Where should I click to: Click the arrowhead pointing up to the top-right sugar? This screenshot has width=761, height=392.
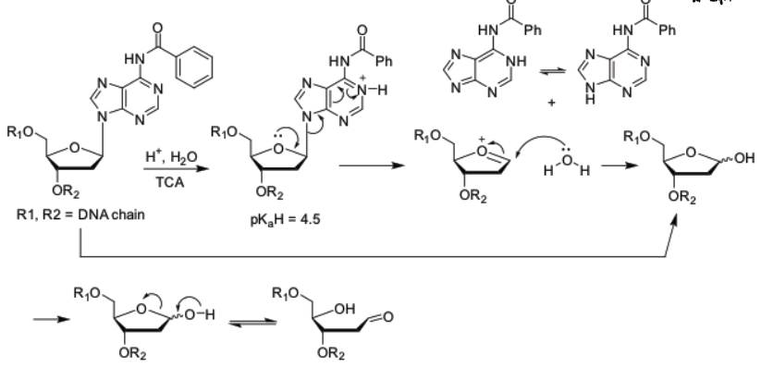[x=672, y=227]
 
